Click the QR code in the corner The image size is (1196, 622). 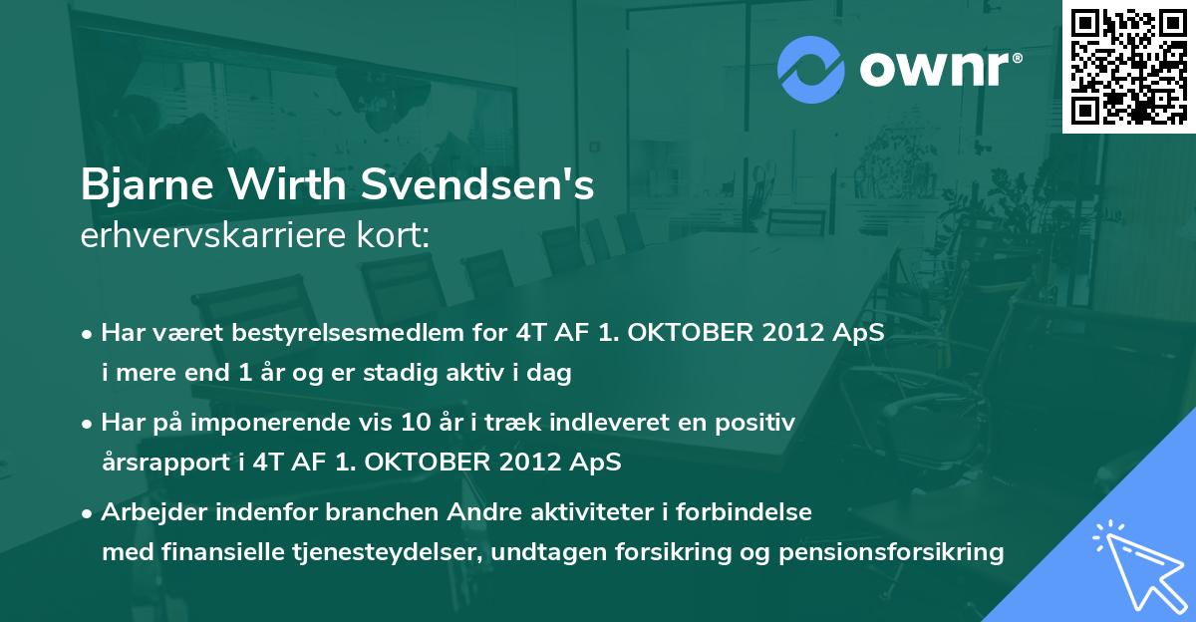[x=1128, y=66]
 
